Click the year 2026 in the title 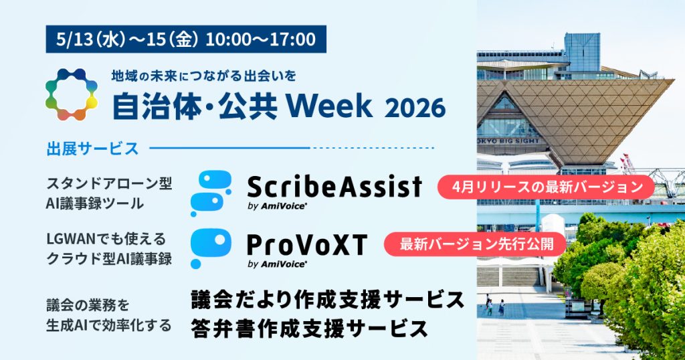click(415, 108)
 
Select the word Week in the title click(329, 106)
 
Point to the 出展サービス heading click(92, 149)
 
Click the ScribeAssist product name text click(334, 187)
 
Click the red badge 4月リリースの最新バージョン click(546, 187)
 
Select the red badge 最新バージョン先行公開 click(475, 244)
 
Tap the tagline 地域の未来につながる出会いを click(203, 76)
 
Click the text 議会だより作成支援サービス click(328, 300)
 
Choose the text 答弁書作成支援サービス click(309, 329)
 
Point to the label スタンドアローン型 click(109, 183)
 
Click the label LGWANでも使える click(106, 239)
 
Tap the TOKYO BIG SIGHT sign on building click(508, 141)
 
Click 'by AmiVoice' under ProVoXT click(277, 264)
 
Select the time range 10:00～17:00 click(260, 39)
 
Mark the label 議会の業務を click(88, 305)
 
